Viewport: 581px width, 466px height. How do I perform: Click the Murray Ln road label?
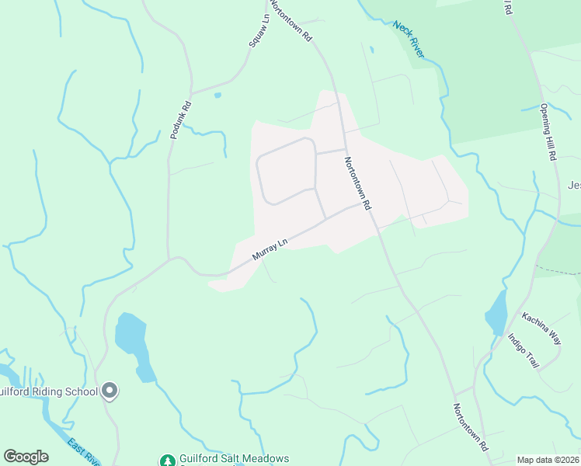tap(270, 249)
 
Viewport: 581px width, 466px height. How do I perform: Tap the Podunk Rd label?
tap(180, 122)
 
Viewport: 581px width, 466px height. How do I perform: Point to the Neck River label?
tap(409, 38)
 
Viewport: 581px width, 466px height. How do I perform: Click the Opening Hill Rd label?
tap(548, 132)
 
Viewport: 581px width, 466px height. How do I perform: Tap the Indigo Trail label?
tap(523, 351)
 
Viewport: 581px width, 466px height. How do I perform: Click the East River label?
tap(83, 452)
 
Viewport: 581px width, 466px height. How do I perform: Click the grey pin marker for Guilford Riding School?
tap(110, 391)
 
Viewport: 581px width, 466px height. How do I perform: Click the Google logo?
tap(26, 457)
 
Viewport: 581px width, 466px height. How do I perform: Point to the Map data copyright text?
tap(548, 459)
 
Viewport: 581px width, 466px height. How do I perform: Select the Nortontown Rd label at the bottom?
tap(470, 428)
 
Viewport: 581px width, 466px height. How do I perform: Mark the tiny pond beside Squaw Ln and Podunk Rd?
tap(217, 96)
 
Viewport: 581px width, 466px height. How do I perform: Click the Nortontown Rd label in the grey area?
tap(358, 183)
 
